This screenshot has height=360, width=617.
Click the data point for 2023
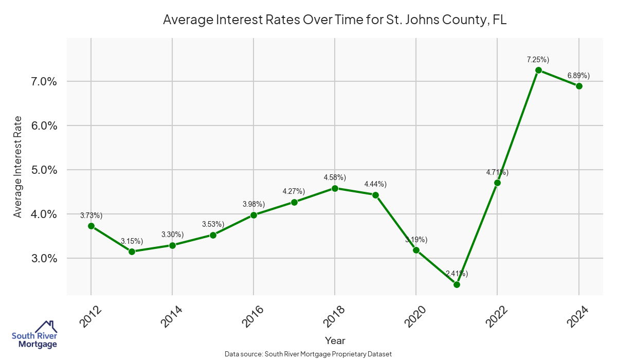pos(538,70)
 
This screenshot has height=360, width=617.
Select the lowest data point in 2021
pos(457,284)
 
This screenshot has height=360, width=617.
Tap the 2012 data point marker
pos(91,226)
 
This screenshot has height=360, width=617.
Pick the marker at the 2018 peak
pos(335,188)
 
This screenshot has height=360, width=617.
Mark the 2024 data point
pos(579,86)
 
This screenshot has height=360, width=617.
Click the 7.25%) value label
pos(538,60)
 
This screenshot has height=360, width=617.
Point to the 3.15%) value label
pos(132,241)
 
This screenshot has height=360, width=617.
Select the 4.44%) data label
pos(375,184)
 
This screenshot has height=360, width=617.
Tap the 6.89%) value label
pos(578,76)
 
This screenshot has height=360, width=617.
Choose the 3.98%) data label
pos(253,204)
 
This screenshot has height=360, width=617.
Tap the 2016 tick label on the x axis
pos(251,316)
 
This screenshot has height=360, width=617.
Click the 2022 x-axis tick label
pos(496,316)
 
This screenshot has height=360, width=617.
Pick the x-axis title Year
pos(335,340)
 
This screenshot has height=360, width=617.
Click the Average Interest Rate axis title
pos(18,167)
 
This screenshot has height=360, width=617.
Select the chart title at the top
pos(335,20)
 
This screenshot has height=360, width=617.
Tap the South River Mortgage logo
pos(34,334)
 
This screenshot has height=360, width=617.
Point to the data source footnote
pos(308,354)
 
